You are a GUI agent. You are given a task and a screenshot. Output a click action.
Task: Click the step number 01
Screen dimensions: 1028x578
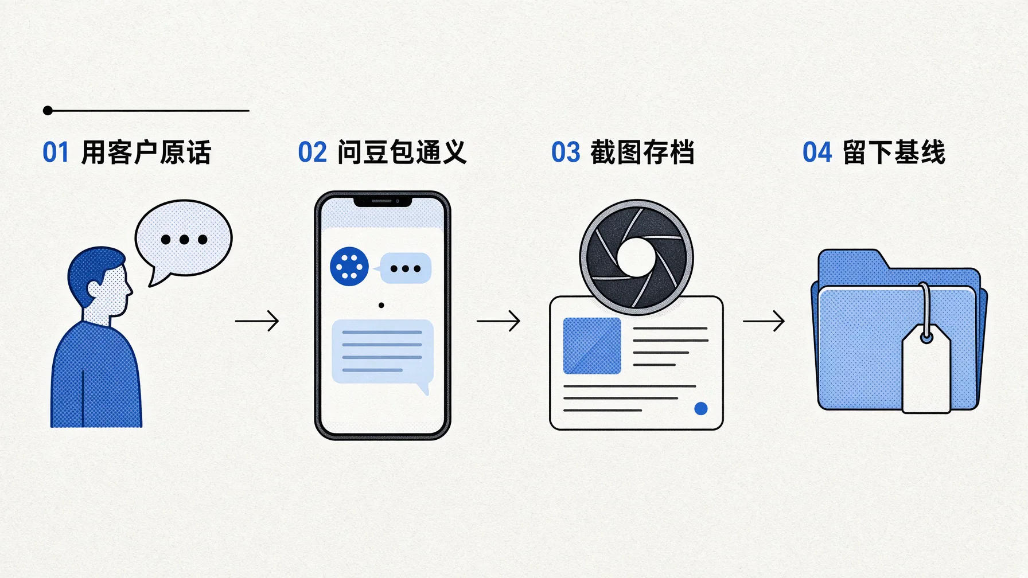click(56, 153)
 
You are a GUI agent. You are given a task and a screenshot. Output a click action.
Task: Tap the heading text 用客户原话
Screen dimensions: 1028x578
click(146, 153)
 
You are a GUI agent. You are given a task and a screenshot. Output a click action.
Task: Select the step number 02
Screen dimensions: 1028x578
click(312, 153)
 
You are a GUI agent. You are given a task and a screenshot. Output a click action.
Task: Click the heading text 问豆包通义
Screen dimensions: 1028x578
click(402, 153)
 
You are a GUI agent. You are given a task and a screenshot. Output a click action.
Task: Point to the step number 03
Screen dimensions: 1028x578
click(566, 153)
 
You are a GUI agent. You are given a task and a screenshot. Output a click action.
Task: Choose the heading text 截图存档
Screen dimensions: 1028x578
click(642, 153)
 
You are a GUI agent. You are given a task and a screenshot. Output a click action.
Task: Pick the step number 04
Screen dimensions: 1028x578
click(817, 153)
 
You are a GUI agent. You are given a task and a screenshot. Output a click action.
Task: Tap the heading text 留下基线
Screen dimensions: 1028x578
click(894, 153)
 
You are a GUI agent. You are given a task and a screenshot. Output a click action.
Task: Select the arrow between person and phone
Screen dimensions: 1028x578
click(257, 321)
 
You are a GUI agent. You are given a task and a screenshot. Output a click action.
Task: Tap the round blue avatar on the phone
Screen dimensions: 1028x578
click(349, 267)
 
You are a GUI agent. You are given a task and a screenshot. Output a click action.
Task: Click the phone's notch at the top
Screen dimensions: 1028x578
click(383, 201)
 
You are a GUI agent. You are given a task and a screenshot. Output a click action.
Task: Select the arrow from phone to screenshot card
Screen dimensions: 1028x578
click(499, 321)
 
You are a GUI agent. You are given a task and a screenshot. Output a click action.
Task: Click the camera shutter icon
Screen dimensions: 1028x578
click(636, 257)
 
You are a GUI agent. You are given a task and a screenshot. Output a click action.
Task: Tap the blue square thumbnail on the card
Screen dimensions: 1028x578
click(592, 346)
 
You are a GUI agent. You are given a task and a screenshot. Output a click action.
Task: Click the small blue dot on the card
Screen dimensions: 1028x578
click(700, 408)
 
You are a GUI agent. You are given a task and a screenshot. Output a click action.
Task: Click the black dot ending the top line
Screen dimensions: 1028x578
click(48, 111)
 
